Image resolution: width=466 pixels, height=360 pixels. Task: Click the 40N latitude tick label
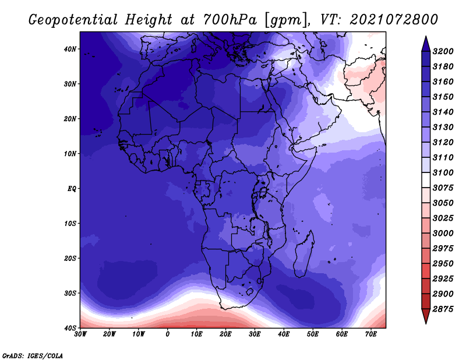(70, 49)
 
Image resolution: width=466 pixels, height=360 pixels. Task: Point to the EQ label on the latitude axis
(72, 189)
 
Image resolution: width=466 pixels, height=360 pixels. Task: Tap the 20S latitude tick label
(70, 258)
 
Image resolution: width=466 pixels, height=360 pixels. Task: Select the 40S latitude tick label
(70, 328)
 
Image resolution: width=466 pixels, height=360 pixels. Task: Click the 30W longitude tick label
(80, 334)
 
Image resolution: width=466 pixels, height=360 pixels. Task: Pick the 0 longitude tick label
(168, 334)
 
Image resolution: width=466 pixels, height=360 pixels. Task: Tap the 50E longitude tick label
(313, 334)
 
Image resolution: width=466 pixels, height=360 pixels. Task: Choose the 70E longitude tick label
(371, 334)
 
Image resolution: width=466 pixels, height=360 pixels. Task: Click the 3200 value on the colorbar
(443, 51)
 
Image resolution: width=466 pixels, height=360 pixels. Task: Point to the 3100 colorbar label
(443, 172)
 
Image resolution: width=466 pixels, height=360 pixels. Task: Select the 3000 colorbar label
(443, 234)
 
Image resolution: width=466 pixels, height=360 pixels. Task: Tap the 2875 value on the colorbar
(443, 309)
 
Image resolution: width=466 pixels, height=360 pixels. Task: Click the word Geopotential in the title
(73, 20)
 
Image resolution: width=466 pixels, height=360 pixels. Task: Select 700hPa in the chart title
(230, 20)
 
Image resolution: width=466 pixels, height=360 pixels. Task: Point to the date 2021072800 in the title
(394, 20)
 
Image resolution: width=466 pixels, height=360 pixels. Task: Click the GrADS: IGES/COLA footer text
(33, 356)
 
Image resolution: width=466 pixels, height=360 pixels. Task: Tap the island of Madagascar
(303, 254)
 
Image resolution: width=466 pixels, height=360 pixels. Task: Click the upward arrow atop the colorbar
(426, 44)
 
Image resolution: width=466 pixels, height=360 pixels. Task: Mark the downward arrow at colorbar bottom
(426, 316)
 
